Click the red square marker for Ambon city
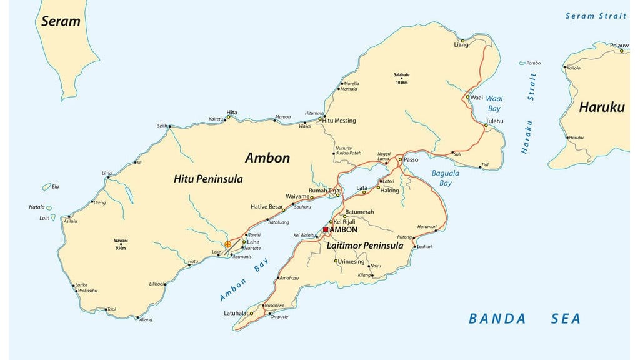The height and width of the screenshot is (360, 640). point(326,229)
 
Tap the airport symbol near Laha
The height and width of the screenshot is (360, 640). point(227,244)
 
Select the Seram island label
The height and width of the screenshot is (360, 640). point(61,21)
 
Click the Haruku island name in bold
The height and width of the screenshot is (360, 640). point(601,107)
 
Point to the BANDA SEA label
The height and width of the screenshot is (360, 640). point(524,319)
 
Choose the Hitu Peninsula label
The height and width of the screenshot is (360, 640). point(208,179)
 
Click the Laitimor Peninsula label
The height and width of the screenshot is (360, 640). point(365,246)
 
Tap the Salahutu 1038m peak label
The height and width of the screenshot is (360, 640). point(401,77)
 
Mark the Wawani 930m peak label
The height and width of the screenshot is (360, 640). point(121,244)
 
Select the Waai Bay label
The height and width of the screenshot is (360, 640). point(494,103)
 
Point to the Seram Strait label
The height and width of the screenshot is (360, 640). point(596,16)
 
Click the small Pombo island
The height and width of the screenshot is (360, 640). point(522,63)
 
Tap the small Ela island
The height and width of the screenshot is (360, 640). point(46,186)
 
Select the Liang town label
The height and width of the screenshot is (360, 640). point(461,44)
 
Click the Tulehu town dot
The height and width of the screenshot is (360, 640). point(486,126)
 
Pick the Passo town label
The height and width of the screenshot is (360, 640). point(411,160)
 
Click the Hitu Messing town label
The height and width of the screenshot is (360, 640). point(339,120)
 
